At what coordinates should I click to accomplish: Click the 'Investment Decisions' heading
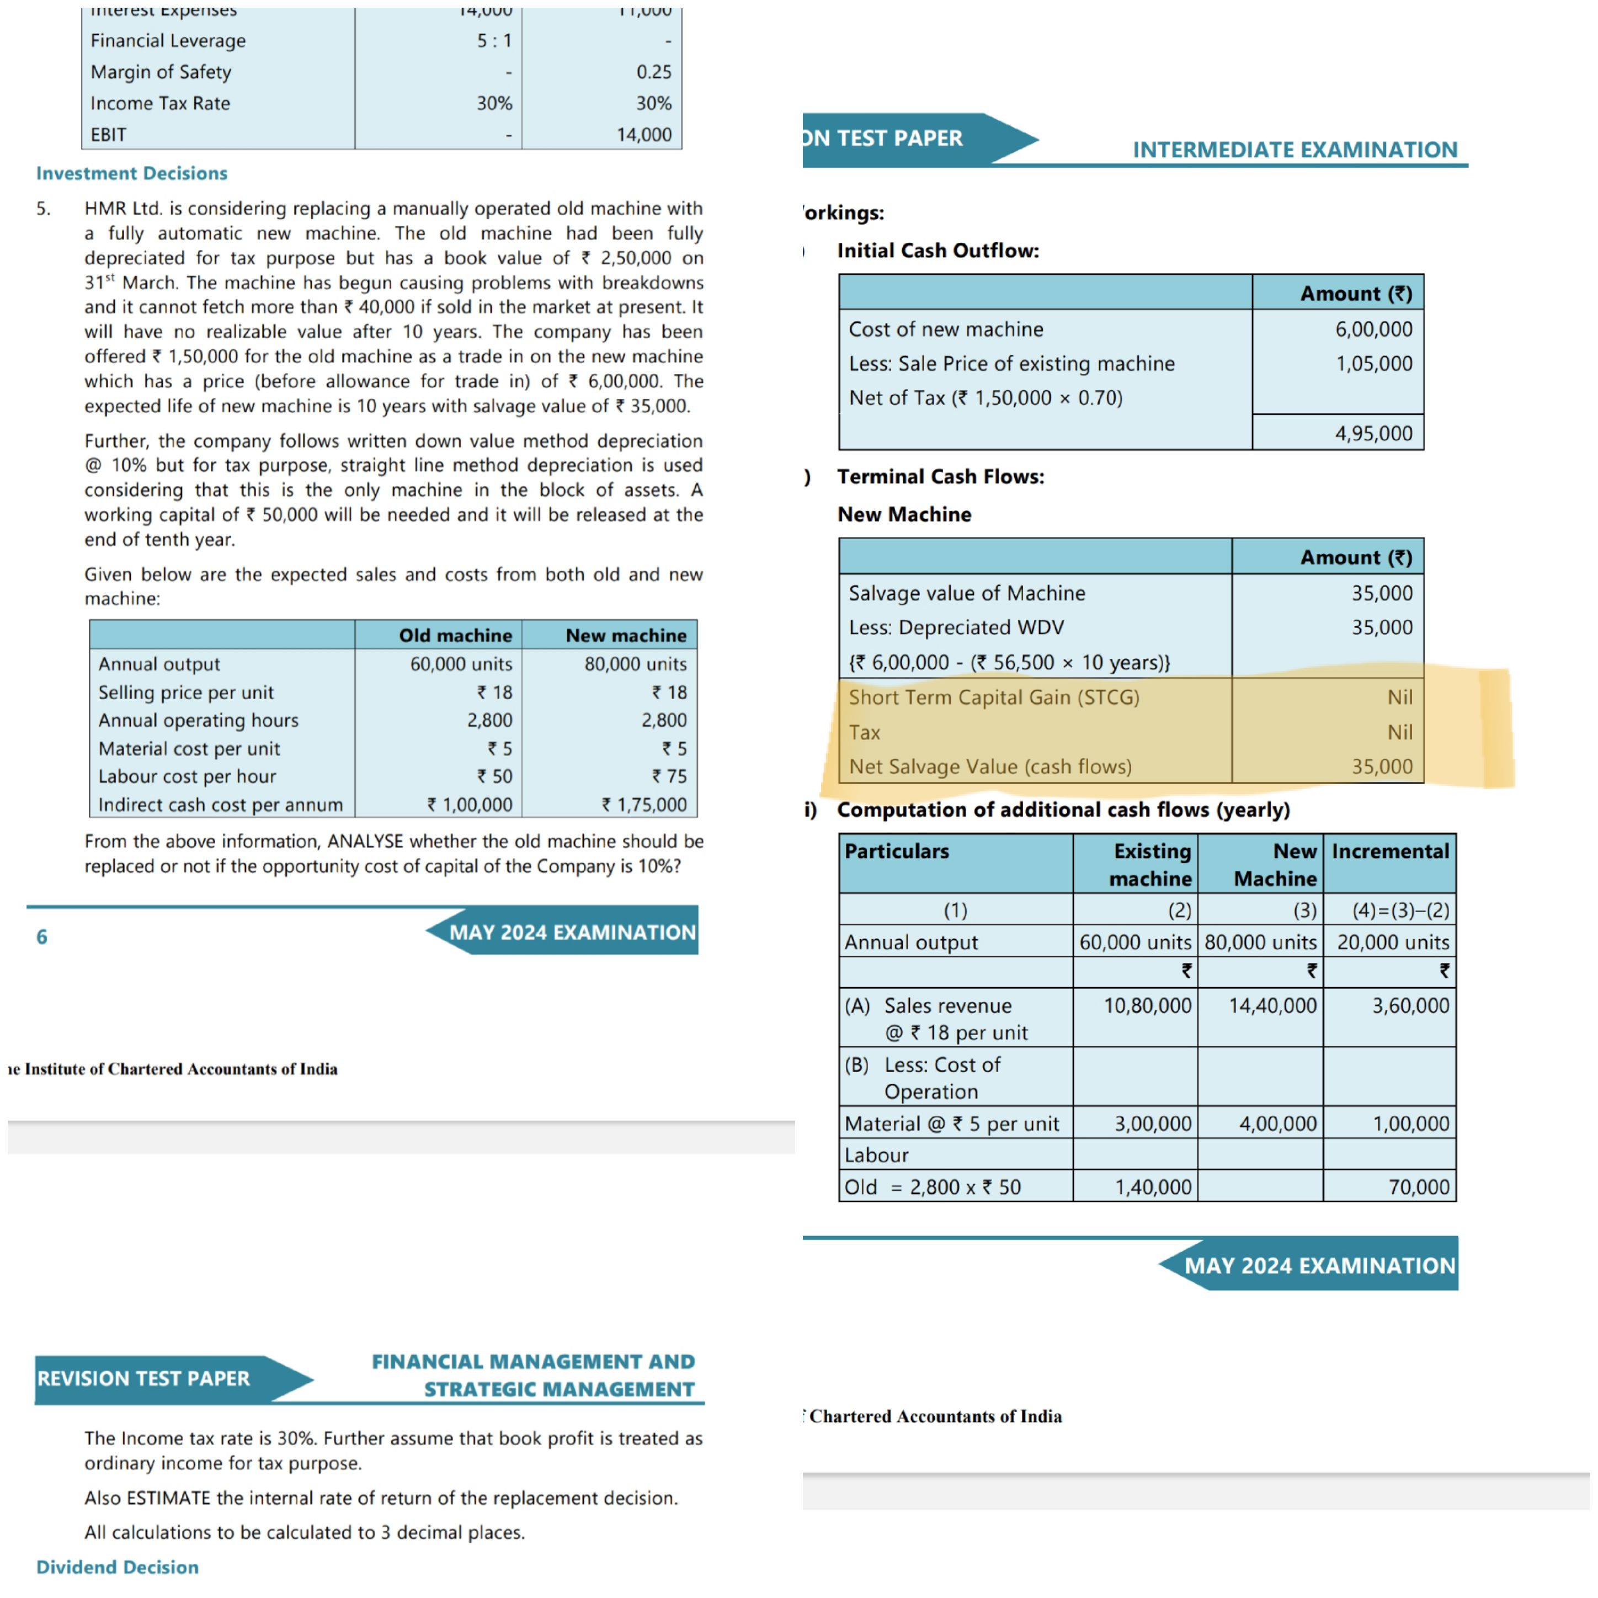[x=131, y=173]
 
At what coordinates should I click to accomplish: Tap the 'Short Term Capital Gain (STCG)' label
[x=993, y=697]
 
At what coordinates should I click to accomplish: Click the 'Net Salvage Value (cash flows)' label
[x=990, y=767]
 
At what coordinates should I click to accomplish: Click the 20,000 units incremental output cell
[x=1393, y=942]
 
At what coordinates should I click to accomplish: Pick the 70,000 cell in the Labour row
[x=1419, y=1187]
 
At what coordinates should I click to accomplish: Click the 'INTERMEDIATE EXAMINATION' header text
[x=1295, y=150]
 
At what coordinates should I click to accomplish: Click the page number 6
[x=41, y=936]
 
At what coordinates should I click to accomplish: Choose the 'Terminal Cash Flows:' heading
[x=940, y=476]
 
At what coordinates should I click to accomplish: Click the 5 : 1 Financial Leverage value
[x=494, y=40]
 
